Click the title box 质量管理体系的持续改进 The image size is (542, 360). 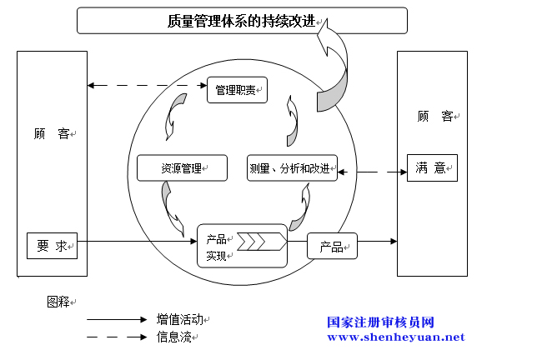pyautogui.click(x=242, y=20)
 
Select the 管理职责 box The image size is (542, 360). pyautogui.click(x=237, y=90)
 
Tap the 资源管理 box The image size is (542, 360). pyautogui.click(x=182, y=167)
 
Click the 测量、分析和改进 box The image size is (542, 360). pyautogui.click(x=292, y=167)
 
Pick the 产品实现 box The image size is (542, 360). pyautogui.click(x=242, y=246)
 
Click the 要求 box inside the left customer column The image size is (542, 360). pyautogui.click(x=53, y=246)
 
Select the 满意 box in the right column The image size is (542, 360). pyautogui.click(x=432, y=167)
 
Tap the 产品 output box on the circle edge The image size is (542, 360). pyautogui.click(x=332, y=246)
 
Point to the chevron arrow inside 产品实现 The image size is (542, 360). pyautogui.click(x=262, y=242)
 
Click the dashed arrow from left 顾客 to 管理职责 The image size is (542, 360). pyautogui.click(x=148, y=85)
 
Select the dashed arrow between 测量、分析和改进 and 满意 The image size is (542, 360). pyautogui.click(x=372, y=172)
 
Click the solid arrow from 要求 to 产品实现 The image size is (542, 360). pyautogui.click(x=138, y=241)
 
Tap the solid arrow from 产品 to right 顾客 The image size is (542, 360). pyautogui.click(x=377, y=241)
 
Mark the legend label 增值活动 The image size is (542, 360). pyautogui.click(x=180, y=319)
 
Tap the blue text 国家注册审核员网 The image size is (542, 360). pyautogui.click(x=380, y=322)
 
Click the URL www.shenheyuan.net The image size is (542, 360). pyautogui.click(x=396, y=337)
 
